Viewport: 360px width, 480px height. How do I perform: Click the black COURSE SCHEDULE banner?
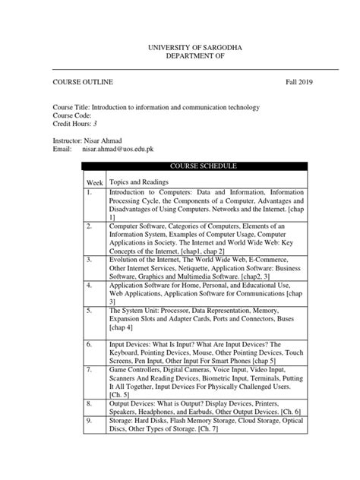194,165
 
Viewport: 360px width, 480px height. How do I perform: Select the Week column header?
94,183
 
